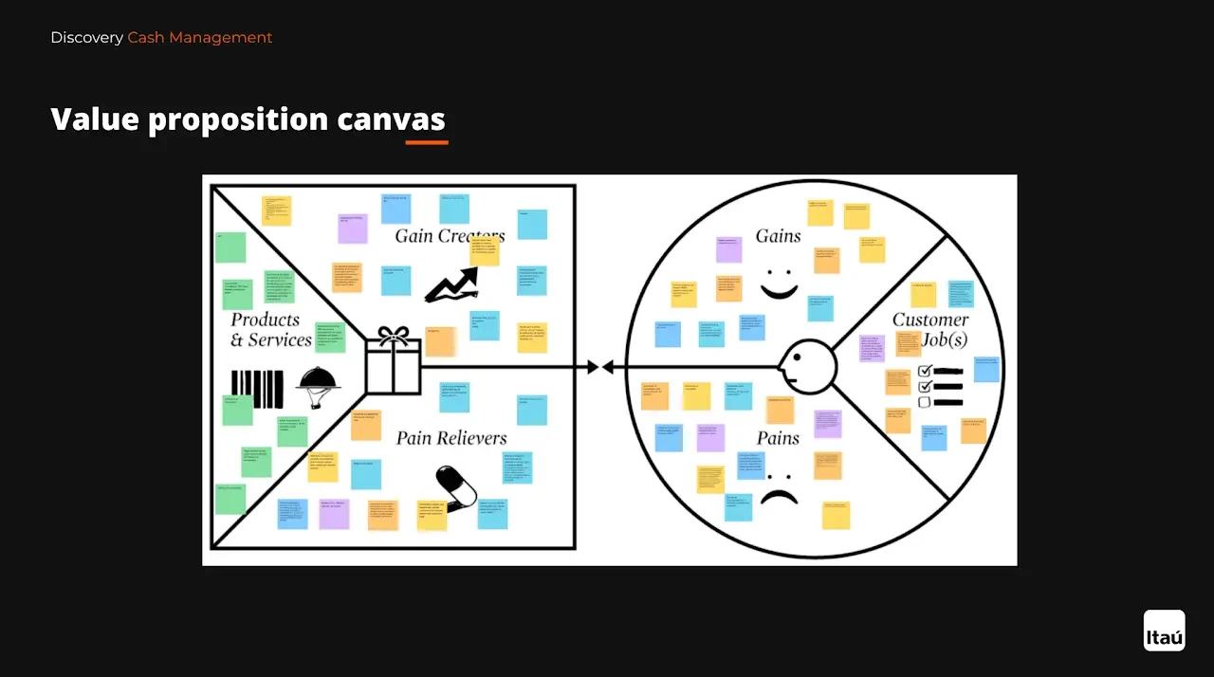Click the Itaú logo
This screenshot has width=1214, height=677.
pos(1164,631)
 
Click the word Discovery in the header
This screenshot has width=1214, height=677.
pos(86,38)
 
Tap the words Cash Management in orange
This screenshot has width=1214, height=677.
pos(200,38)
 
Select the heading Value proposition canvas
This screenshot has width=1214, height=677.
pos(248,119)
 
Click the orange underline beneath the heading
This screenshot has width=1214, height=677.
pos(427,142)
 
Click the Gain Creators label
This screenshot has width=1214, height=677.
pos(450,235)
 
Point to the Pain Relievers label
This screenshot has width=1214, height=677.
pos(451,438)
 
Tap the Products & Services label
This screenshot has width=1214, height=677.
pos(271,330)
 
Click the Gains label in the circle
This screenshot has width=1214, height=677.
pos(778,236)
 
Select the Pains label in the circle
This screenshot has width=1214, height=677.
pos(778,438)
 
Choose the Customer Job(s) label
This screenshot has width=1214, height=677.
pos(930,329)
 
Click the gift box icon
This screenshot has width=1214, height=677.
pos(393,361)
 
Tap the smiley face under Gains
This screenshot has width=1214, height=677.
pos(779,284)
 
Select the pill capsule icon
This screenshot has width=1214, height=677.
pos(455,487)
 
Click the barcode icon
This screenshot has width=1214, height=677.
pos(257,389)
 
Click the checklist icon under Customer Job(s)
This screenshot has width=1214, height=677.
pos(940,387)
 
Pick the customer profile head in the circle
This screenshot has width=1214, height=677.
pos(808,365)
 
